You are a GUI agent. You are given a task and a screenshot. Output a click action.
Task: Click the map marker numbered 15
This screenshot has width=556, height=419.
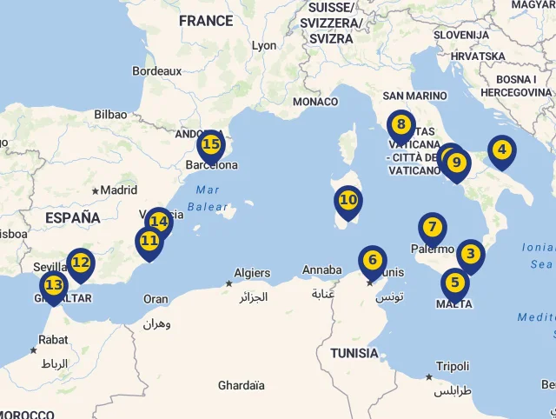tap(210, 144)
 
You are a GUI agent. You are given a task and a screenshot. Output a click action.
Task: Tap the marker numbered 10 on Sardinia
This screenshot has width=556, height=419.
tap(347, 200)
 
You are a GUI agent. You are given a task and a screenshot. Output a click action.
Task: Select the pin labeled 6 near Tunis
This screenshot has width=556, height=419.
tap(372, 260)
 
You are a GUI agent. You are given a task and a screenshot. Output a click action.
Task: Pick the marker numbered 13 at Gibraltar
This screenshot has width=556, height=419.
tap(53, 285)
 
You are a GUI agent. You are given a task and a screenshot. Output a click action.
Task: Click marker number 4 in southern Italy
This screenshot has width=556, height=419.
tap(501, 150)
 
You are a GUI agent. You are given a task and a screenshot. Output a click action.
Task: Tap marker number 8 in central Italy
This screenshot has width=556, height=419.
tap(400, 125)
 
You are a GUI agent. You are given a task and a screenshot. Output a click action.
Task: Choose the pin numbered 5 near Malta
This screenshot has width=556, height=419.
tap(454, 283)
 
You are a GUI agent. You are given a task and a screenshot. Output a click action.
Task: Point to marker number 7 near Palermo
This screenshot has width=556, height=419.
tap(432, 228)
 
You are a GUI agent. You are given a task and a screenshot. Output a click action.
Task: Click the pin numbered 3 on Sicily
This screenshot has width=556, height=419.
tap(470, 255)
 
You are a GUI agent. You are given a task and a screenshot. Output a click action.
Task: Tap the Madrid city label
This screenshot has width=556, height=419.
tap(119, 190)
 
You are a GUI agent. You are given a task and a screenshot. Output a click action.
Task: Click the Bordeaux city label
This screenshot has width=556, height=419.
tap(156, 70)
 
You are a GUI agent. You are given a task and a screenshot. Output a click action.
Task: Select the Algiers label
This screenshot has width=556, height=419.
tap(252, 273)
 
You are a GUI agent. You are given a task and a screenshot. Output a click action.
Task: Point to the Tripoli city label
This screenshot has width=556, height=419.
tap(453, 366)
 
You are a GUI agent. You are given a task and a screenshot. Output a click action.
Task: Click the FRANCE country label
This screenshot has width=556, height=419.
tap(206, 20)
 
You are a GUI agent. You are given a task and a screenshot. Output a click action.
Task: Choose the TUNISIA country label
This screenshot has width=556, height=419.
tap(354, 353)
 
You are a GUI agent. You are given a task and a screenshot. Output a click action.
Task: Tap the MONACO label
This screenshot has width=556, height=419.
tap(314, 102)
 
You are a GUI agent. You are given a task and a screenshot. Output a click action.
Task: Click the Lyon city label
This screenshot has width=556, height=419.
tap(263, 45)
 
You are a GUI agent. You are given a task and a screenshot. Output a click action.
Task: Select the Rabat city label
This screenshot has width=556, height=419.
tap(53, 340)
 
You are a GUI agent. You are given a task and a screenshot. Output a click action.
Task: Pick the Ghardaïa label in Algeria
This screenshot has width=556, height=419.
tap(241, 385)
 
